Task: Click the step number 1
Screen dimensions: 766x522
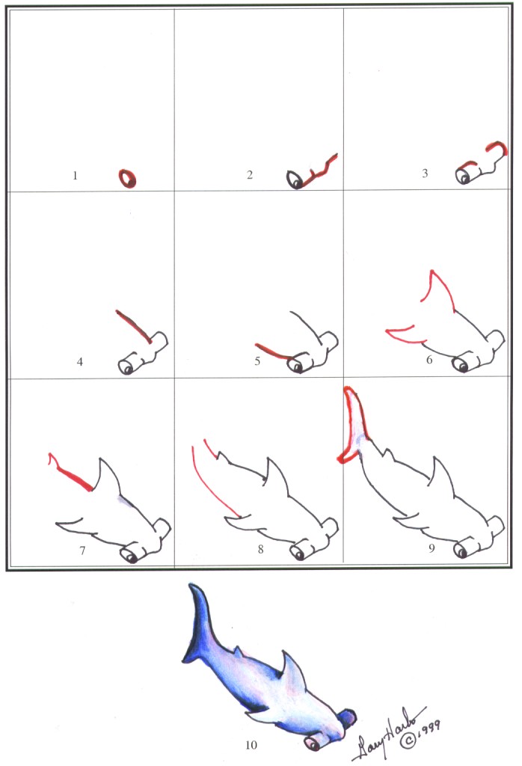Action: (x=75, y=177)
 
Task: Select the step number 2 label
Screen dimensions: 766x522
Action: (x=250, y=176)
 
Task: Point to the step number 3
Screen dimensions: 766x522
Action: (x=425, y=174)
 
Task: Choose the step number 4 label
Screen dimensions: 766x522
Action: (x=79, y=362)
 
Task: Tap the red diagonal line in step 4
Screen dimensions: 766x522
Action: (x=135, y=327)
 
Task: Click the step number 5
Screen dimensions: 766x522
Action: (x=257, y=361)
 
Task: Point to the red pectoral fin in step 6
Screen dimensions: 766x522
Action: (x=402, y=329)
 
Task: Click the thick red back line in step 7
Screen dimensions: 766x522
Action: (x=73, y=477)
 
